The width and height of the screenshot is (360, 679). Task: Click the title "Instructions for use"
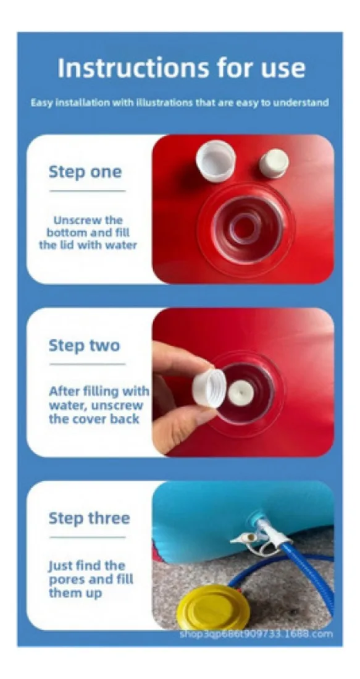point(182,67)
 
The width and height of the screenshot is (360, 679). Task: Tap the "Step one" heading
point(85,172)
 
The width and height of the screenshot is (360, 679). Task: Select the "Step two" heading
point(84,345)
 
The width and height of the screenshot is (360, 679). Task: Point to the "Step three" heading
point(89,518)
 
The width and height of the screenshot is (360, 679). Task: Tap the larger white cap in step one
point(216,161)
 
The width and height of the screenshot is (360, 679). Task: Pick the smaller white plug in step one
point(274,163)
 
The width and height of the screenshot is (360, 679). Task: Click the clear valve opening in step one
point(245,228)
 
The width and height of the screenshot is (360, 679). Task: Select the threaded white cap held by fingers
point(209,388)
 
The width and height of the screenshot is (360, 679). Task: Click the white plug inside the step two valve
point(241,393)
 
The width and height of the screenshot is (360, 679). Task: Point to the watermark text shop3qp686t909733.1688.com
point(257,634)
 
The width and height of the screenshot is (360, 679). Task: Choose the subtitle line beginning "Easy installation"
point(180,103)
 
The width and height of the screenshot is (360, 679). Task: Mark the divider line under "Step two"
point(88,364)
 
